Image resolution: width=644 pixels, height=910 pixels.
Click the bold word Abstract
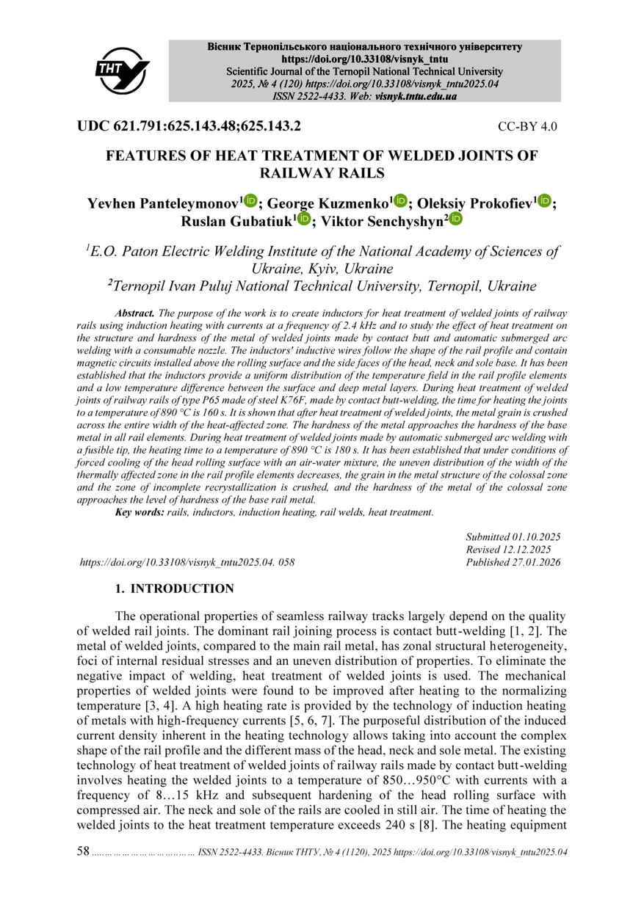[134, 313]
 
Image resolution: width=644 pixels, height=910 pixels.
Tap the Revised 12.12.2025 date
[508, 550]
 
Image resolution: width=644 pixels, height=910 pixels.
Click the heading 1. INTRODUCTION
[175, 589]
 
